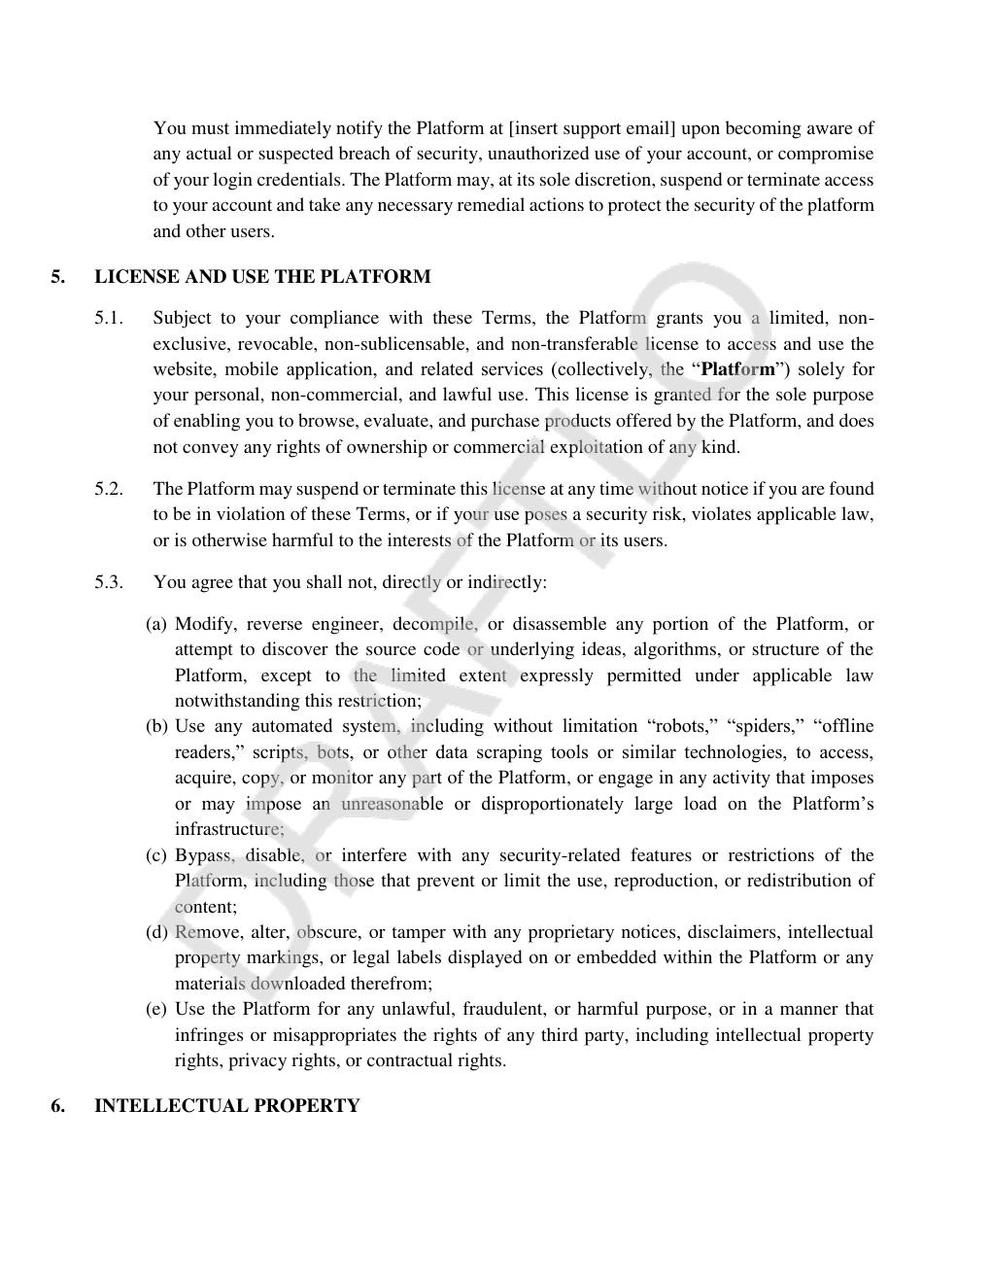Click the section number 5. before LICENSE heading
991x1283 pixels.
tap(58, 277)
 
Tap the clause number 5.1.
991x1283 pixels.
tap(109, 319)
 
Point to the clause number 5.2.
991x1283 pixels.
tap(109, 489)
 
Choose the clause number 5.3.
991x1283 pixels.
tap(109, 582)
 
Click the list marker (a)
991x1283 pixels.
tap(156, 624)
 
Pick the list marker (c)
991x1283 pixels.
tap(156, 855)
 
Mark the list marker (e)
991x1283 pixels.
tap(156, 1009)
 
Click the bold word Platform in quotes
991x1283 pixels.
tap(738, 369)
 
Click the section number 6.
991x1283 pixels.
tap(58, 1106)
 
